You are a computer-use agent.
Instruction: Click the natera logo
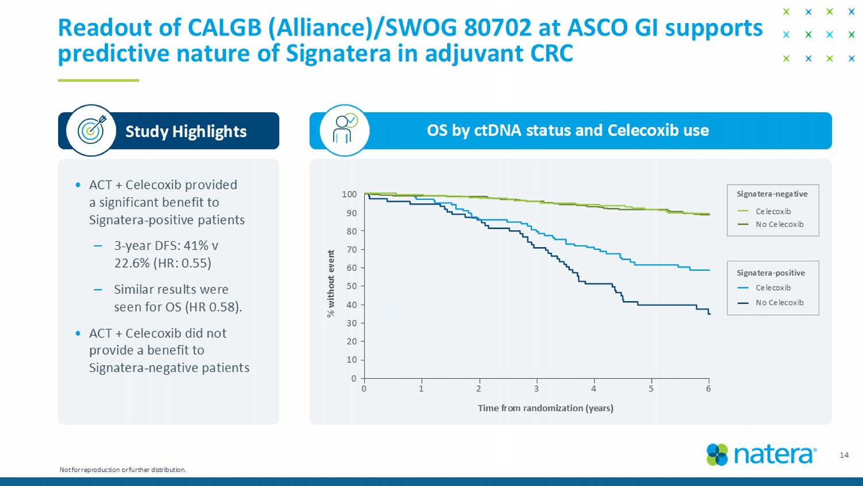point(761,454)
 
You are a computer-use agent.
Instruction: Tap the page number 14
point(844,455)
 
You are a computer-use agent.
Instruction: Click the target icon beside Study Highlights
point(91,131)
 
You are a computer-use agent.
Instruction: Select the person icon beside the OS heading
point(345,130)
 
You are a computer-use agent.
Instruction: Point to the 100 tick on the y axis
point(349,195)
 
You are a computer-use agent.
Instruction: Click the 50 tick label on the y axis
point(350,286)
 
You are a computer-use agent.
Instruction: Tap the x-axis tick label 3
point(536,389)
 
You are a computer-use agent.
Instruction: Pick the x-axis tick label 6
point(708,389)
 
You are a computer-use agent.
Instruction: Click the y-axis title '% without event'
point(331,283)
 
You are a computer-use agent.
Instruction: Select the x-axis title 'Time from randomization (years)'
point(545,408)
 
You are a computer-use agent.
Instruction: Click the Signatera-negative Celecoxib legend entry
point(773,211)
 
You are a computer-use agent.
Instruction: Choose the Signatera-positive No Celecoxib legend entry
point(779,302)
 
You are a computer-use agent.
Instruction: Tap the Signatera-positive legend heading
point(770,273)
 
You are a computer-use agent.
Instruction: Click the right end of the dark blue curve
point(709,313)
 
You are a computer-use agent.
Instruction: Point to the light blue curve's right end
point(709,270)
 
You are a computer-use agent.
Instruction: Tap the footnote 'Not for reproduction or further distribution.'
point(123,470)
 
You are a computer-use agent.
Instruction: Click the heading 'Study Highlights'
point(186,131)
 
